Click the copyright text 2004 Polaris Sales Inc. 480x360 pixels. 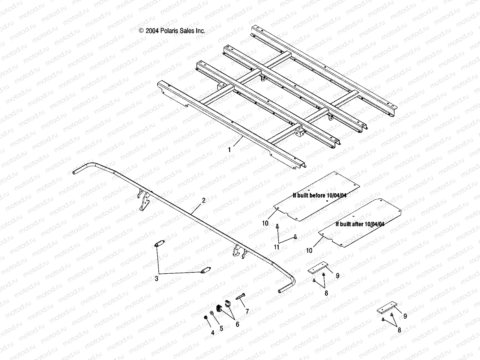pyautogui.click(x=172, y=31)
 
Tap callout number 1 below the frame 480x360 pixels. pyautogui.click(x=229, y=150)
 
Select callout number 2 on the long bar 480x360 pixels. pyautogui.click(x=204, y=200)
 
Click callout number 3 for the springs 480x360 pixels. pyautogui.click(x=156, y=279)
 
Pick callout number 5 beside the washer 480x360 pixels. pyautogui.click(x=221, y=328)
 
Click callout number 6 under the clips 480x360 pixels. pyautogui.click(x=238, y=324)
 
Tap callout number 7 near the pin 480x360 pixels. pyautogui.click(x=247, y=312)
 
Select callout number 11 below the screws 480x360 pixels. pyautogui.click(x=277, y=247)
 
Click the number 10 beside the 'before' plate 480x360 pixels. pyautogui.click(x=265, y=223)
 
